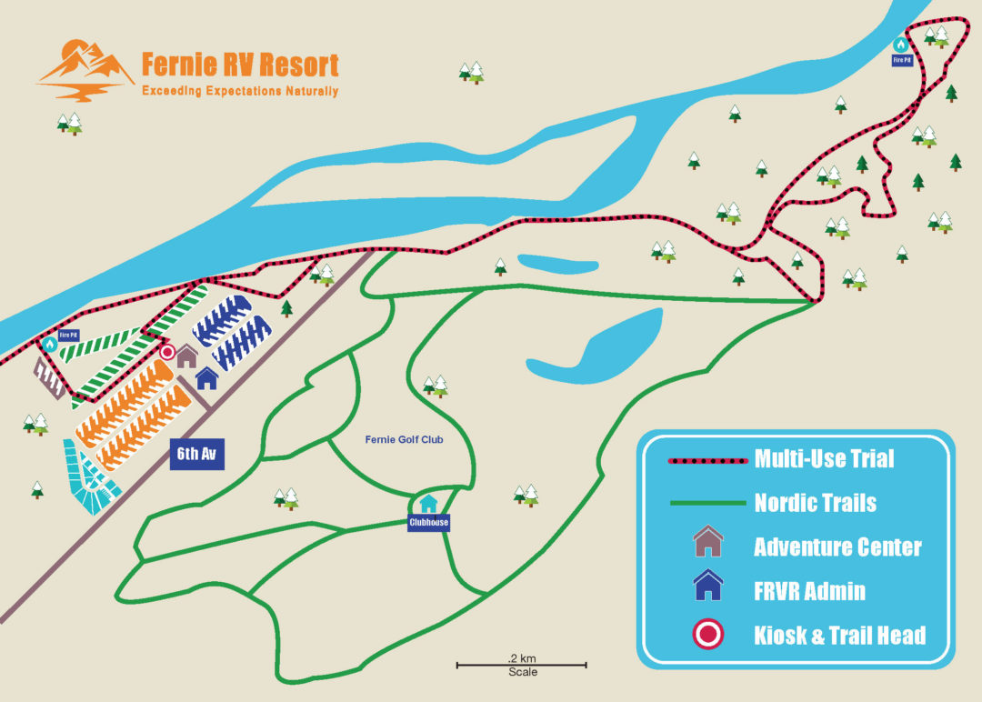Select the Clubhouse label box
tap(427, 523)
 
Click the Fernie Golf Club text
tap(404, 440)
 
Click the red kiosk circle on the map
tap(167, 352)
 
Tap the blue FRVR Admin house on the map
tap(206, 377)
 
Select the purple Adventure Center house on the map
tap(187, 356)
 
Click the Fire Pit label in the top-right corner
tap(901, 60)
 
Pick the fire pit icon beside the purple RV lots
tap(49, 344)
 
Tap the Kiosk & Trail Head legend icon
tap(707, 634)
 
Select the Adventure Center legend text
tap(837, 547)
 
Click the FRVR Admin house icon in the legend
tap(707, 586)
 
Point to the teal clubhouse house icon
tap(427, 503)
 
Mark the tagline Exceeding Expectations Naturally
tap(240, 92)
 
